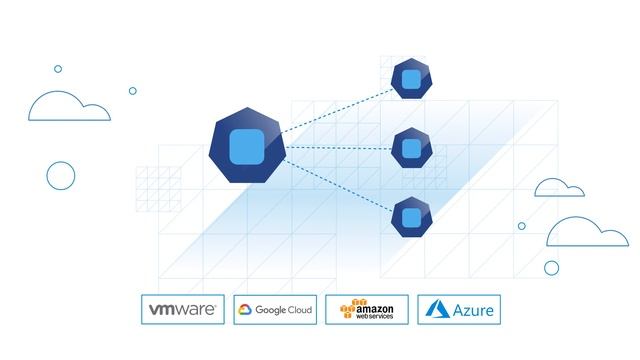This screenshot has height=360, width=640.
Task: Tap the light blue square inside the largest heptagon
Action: pos(246,147)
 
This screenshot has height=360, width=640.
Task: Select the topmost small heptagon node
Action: pos(410,78)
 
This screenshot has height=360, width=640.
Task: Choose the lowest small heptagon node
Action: pos(410,217)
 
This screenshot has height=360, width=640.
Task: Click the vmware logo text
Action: pos(183,310)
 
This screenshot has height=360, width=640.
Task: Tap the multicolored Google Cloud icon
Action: pos(244,310)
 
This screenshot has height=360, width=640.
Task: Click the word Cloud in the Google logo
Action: pos(300,310)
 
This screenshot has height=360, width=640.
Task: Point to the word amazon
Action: pos(374,307)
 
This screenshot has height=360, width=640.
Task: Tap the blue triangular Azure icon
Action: pos(436,310)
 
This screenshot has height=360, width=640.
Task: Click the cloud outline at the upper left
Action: pos(67,107)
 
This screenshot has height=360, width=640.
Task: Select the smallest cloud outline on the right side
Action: pos(559,188)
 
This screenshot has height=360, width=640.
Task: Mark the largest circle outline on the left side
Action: pos(61,175)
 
